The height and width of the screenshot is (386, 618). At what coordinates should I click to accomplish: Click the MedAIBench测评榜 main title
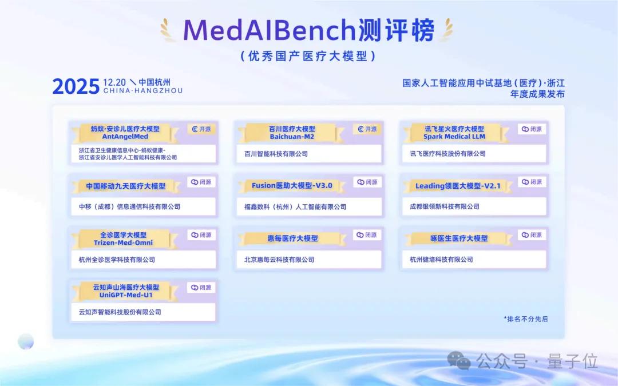(x=309, y=30)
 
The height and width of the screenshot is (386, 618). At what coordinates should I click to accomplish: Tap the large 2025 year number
(x=76, y=86)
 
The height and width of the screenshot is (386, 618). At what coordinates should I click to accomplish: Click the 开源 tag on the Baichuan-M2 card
(x=367, y=129)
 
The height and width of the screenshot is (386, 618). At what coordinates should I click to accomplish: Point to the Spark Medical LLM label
(x=454, y=137)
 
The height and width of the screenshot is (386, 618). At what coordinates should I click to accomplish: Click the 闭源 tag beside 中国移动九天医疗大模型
(x=201, y=182)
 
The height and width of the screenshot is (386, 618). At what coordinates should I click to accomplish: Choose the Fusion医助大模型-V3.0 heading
(x=292, y=186)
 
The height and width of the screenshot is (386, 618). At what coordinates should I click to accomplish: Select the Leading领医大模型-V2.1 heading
(x=458, y=186)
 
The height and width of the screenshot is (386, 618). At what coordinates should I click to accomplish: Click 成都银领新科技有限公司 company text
(x=441, y=206)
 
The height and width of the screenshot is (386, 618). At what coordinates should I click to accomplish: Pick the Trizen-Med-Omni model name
(x=123, y=242)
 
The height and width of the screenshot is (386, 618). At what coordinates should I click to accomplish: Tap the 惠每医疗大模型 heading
(x=292, y=238)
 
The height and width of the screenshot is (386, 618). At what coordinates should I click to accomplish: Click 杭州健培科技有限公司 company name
(x=441, y=260)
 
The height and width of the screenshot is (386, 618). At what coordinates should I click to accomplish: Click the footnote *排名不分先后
(x=525, y=319)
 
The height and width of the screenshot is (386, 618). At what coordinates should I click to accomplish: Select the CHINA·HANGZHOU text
(x=143, y=91)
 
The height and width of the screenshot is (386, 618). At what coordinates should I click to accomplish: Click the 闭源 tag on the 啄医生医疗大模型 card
(x=532, y=235)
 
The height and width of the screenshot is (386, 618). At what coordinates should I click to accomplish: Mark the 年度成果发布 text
(x=537, y=94)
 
